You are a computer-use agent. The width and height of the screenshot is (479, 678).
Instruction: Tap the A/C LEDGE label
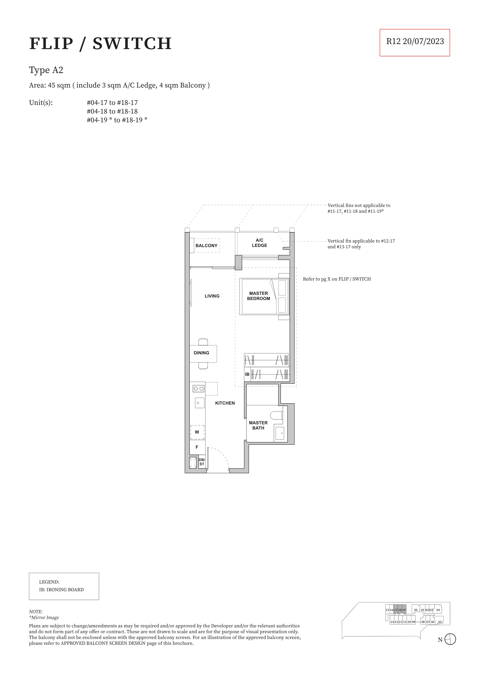pos(259,243)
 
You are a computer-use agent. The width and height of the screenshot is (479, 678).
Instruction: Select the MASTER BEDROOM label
pos(259,296)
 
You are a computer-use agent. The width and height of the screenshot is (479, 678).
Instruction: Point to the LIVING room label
pos(212,296)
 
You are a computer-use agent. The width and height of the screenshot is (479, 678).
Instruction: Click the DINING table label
pos(201,353)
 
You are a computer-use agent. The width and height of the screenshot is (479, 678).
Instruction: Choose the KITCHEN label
pos(225,403)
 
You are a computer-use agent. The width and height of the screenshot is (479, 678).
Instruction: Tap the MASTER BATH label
pos(258,425)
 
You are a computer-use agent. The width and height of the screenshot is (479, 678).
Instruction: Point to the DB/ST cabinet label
pos(202,462)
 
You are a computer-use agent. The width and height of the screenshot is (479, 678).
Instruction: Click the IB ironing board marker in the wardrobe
pos(247,374)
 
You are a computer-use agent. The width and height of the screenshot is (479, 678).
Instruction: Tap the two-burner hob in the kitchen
pos(199,389)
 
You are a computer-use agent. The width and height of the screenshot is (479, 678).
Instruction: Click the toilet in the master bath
pos(277,415)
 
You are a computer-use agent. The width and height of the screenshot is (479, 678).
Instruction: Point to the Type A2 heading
pos(46,70)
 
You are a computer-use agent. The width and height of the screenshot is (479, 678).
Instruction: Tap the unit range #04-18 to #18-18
pos(112,111)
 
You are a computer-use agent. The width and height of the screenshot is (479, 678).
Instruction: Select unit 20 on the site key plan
pos(415,610)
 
